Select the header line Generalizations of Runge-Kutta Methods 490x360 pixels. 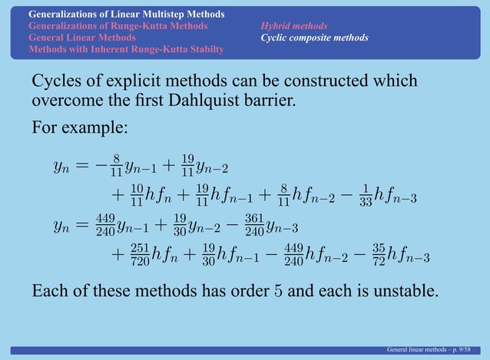pyautogui.click(x=118, y=26)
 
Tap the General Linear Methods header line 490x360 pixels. pyautogui.click(x=82, y=38)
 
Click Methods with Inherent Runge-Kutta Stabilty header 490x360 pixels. pyautogui.click(x=127, y=49)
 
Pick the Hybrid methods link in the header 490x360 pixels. pyautogui.click(x=293, y=26)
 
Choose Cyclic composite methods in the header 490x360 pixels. pyautogui.click(x=314, y=38)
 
